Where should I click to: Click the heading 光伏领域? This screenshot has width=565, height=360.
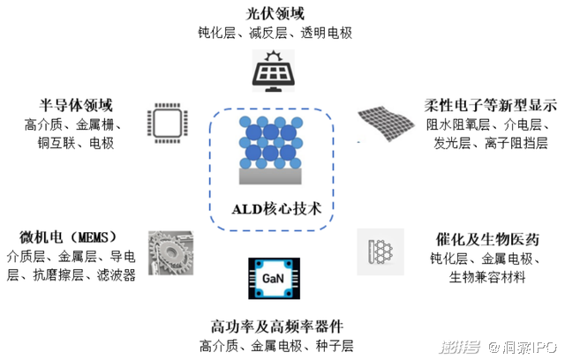pos(275,14)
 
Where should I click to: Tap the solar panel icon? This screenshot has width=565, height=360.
pos(274,71)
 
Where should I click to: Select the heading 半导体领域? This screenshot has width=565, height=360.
pos(76,106)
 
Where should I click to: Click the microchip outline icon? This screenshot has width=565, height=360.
pos(168,124)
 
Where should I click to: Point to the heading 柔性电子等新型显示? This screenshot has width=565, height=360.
pos(491,105)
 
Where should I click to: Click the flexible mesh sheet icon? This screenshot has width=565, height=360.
pos(386,124)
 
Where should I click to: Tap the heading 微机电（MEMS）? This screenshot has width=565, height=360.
pos(68,237)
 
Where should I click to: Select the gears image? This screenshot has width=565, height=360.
pos(171,253)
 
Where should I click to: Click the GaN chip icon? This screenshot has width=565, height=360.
pos(274,278)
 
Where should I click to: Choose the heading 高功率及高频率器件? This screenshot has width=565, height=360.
pos(276,326)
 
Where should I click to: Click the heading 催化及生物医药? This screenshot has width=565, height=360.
pos(487,239)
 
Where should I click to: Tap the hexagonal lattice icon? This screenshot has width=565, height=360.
pos(380,251)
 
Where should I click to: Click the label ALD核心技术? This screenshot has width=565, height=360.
pos(276,209)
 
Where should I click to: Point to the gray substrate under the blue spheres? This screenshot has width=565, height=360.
pos(270,176)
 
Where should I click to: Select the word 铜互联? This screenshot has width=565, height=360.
pos(56,143)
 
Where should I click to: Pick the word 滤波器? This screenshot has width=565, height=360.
pos(116,275)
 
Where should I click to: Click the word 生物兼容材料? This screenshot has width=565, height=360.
pos(487,278)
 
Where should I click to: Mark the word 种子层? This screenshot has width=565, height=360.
pos(335,346)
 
